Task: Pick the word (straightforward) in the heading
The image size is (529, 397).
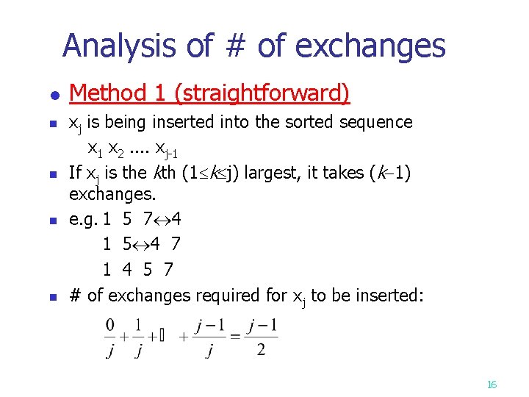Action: tap(262, 93)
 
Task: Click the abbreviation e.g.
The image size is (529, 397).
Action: tap(83, 219)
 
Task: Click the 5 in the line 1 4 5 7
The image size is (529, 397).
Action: tap(148, 269)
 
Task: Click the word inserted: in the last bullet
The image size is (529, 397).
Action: tap(385, 295)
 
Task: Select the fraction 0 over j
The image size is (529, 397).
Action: tap(110, 337)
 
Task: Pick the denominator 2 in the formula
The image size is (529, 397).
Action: tap(262, 350)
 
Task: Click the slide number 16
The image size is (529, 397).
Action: tap(492, 385)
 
